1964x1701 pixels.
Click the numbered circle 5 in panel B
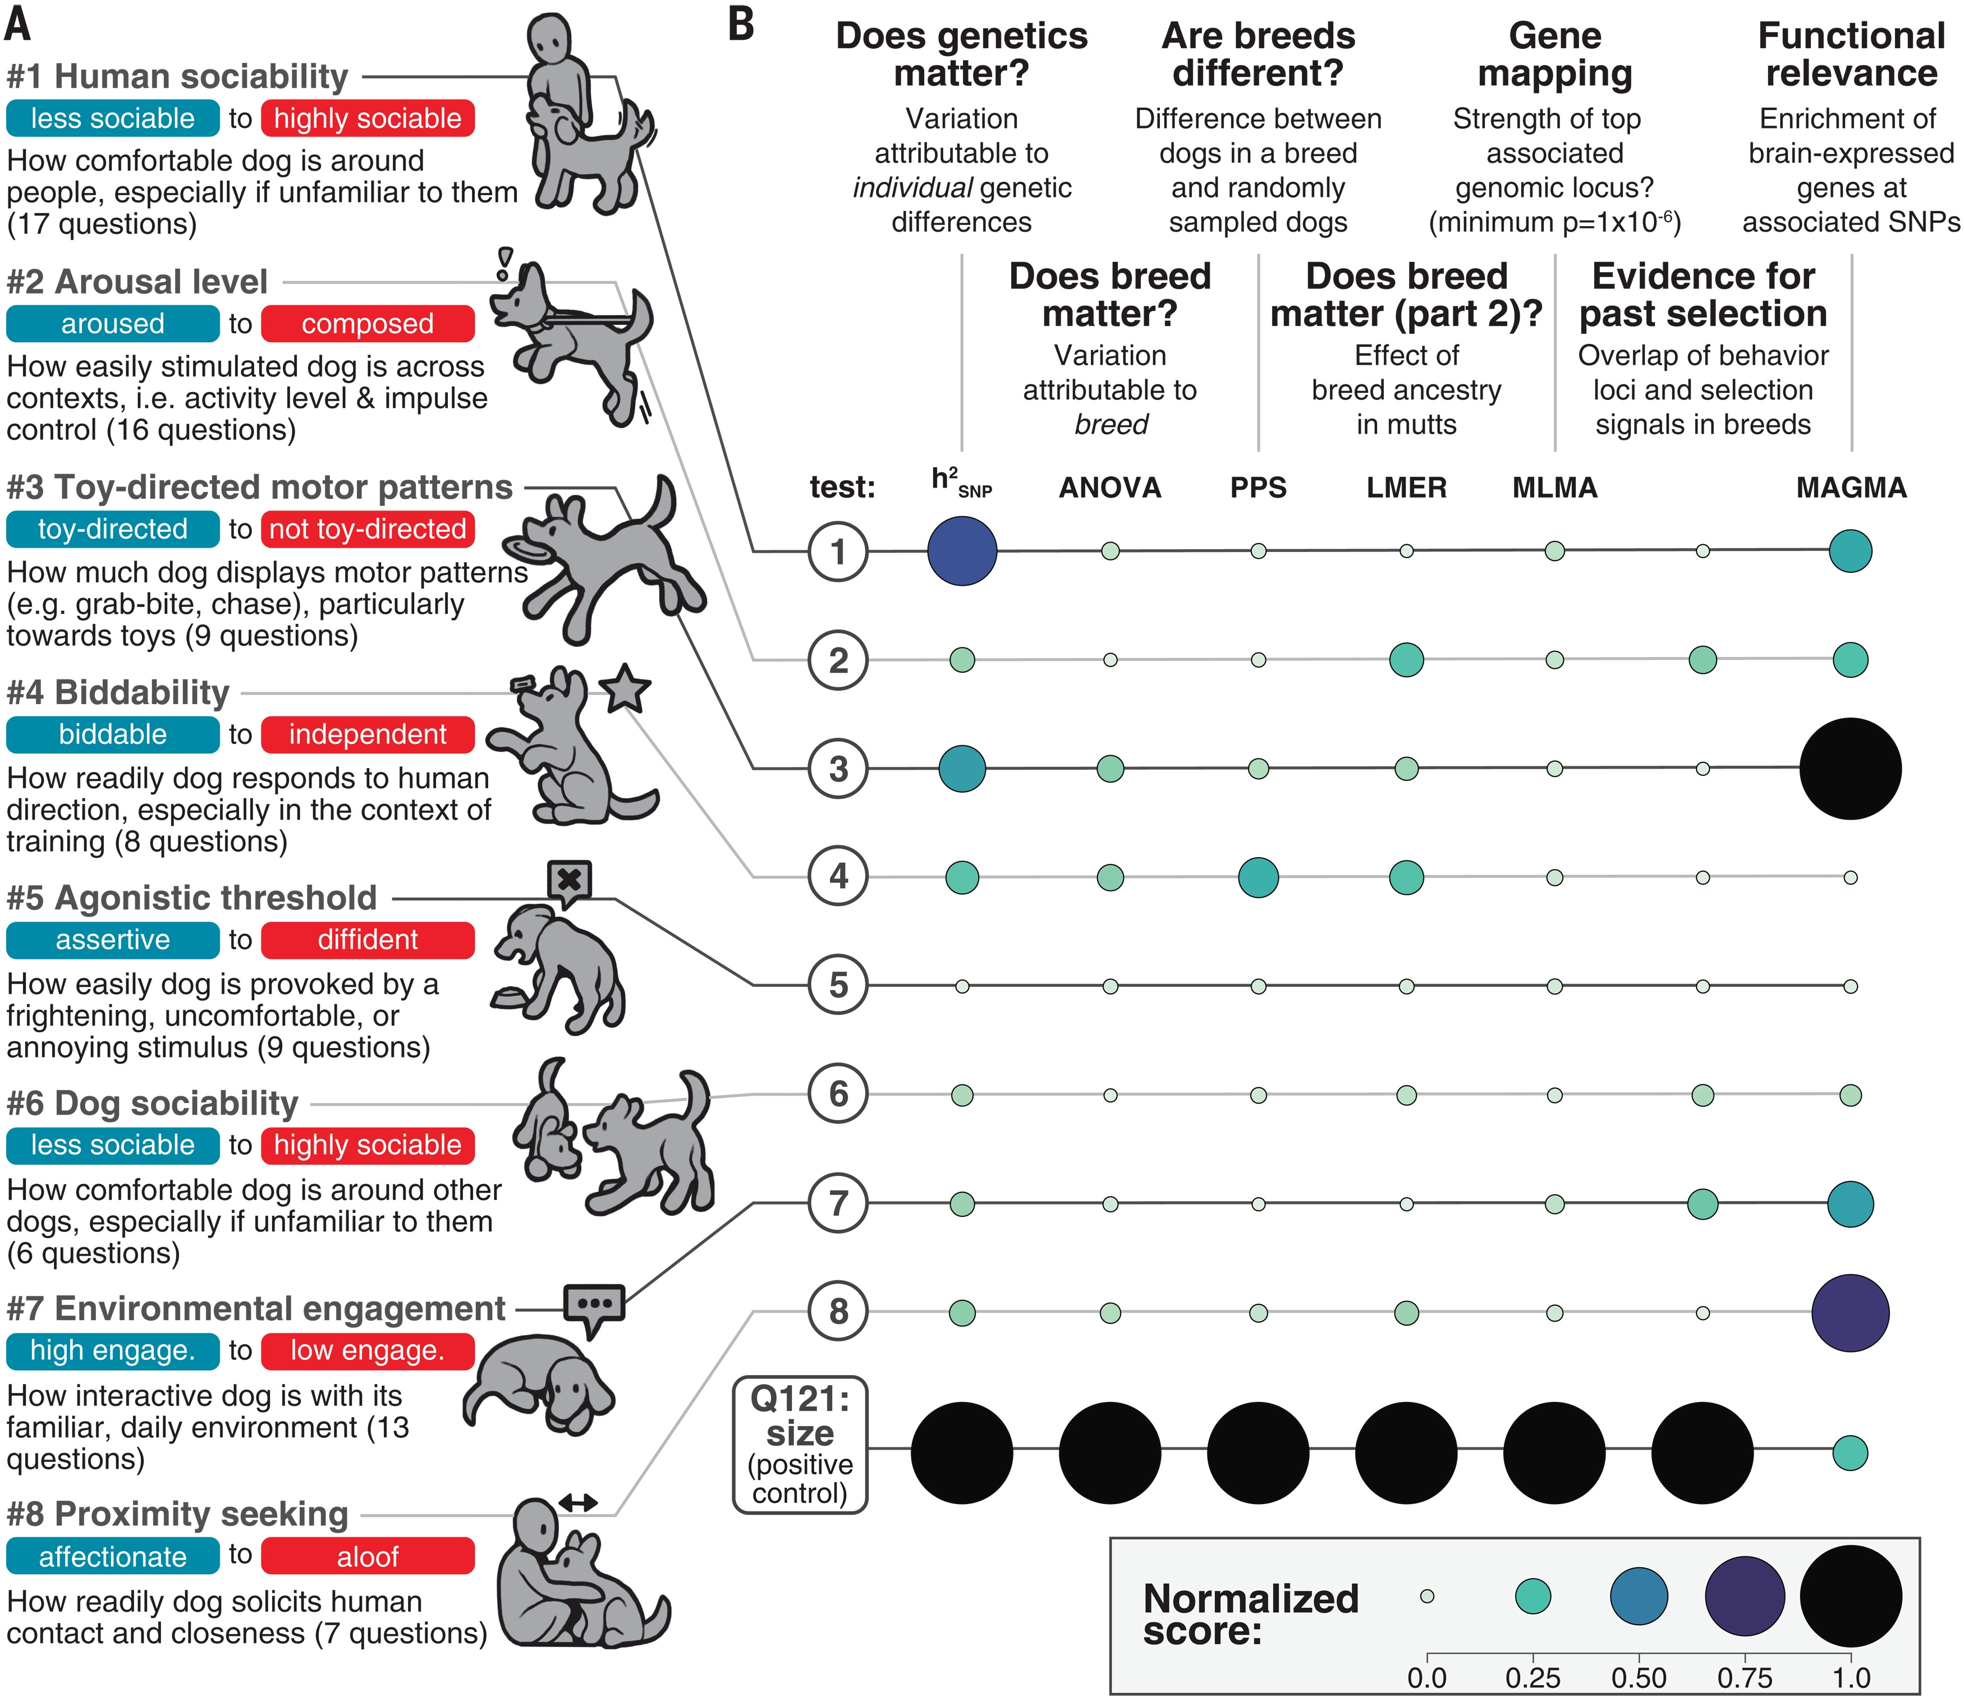pos(838,985)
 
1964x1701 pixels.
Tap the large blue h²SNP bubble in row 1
pos(962,550)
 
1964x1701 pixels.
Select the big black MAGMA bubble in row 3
pos(1850,768)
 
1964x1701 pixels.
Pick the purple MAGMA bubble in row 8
pos(1850,1313)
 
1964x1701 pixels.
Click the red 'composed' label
pos(368,324)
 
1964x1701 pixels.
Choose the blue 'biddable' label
pos(112,735)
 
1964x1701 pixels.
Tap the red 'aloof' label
pos(368,1557)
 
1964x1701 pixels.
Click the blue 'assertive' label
pos(112,940)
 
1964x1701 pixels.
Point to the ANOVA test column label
pos(1110,488)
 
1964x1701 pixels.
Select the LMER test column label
pos(1406,488)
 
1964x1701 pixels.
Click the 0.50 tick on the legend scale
pos(1639,1678)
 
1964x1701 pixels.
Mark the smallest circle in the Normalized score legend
pos(1427,1597)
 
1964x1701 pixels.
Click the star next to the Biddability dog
pos(625,690)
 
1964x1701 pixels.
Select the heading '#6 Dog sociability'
pos(152,1103)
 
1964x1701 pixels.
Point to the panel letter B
pos(741,26)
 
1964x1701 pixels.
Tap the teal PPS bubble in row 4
pos(1258,877)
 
